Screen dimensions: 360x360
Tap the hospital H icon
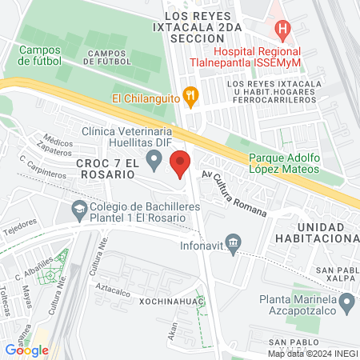click(281, 30)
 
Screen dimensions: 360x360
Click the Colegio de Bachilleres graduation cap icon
click(79, 210)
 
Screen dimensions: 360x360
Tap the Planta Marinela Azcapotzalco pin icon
click(347, 302)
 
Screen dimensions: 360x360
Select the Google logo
click(26, 350)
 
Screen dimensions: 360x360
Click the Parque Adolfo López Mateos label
click(284, 163)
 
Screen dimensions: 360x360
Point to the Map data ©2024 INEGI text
click(313, 354)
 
